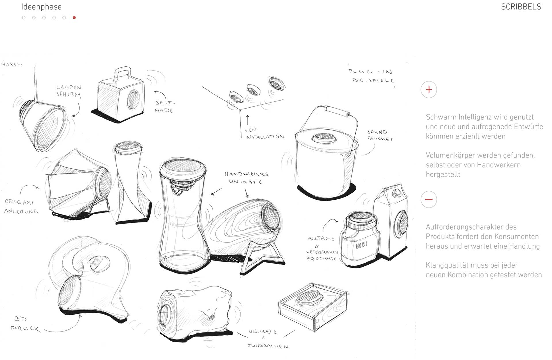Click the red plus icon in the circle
click(x=429, y=90)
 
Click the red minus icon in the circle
click(x=429, y=199)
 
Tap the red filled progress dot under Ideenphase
click(x=74, y=18)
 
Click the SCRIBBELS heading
click(x=521, y=7)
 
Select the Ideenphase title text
click(x=41, y=7)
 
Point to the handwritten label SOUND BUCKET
click(x=379, y=135)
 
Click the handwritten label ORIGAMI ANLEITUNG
click(x=21, y=207)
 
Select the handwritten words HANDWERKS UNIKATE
click(x=246, y=178)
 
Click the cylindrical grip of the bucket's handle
click(x=337, y=111)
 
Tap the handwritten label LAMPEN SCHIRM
click(x=69, y=91)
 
